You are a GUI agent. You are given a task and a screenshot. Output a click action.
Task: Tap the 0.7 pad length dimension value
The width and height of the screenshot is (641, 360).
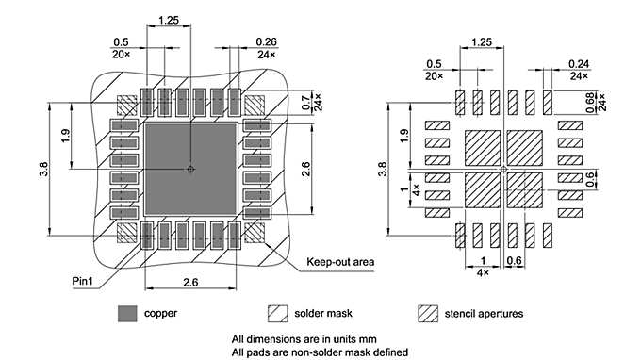(304, 98)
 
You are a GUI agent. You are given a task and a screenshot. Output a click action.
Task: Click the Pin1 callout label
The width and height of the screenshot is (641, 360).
(82, 281)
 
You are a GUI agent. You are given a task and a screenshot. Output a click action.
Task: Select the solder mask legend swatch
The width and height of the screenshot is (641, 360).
(277, 313)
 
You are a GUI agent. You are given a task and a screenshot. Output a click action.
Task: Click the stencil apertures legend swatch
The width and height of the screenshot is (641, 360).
(429, 313)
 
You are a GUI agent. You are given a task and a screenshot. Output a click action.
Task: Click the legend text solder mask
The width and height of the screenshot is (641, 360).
(325, 313)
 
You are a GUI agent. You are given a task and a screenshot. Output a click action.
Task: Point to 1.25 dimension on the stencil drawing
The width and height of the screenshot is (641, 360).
(481, 42)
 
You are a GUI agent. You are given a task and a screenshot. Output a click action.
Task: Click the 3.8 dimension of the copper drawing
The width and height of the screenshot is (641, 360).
(43, 169)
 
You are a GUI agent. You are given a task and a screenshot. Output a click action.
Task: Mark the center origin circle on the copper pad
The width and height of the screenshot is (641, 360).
(189, 170)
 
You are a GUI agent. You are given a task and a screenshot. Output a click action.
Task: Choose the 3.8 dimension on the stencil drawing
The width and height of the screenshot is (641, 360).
(382, 170)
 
